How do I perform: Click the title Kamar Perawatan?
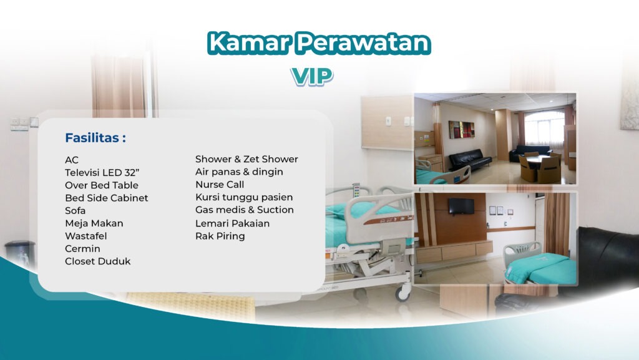319,42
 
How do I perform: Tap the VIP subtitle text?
312,75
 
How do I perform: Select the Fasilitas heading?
95,138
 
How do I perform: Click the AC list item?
72,160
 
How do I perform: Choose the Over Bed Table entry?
102,185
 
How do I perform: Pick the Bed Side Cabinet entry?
107,198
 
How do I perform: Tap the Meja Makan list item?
94,223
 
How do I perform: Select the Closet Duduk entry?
98,261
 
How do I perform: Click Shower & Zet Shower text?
246,159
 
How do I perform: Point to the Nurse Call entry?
220,185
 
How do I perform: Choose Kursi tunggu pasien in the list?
244,197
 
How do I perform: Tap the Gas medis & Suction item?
245,210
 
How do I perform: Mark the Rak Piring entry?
220,236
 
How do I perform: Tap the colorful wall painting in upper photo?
462,130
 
